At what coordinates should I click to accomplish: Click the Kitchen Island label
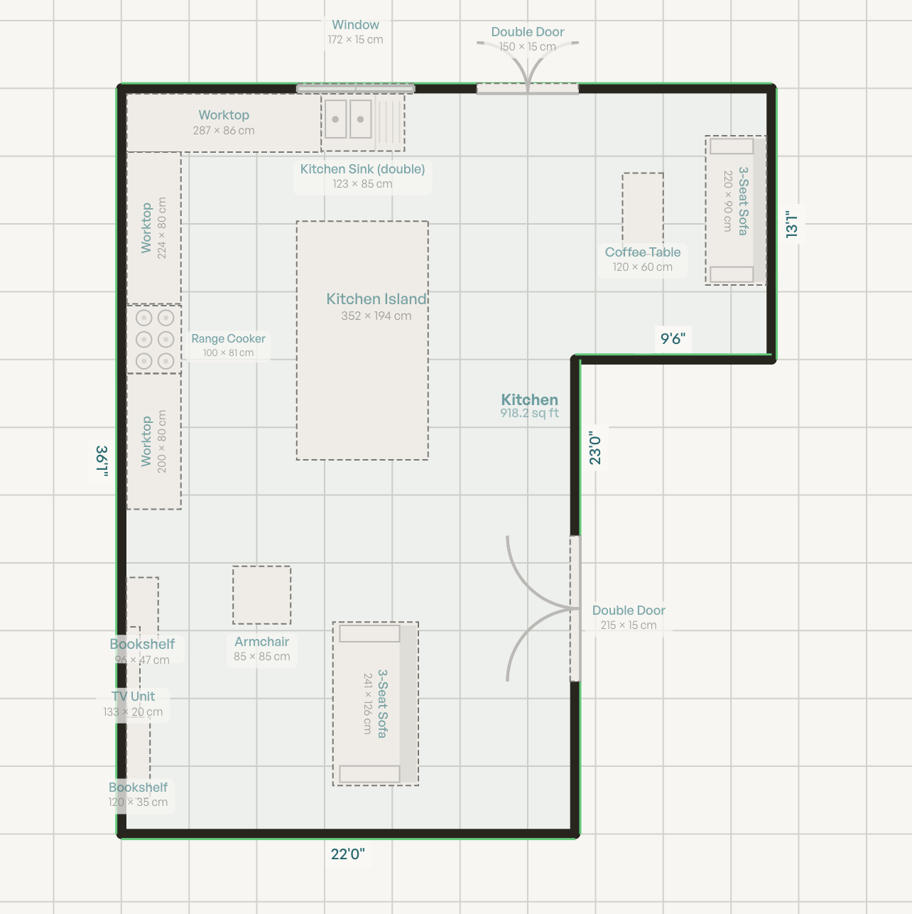(376, 299)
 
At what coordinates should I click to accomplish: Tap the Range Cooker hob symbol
(154, 339)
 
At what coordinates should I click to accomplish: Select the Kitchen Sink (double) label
(362, 169)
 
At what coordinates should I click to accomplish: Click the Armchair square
(261, 595)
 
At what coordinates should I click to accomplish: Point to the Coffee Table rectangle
(643, 210)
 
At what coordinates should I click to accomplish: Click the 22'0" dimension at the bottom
(347, 854)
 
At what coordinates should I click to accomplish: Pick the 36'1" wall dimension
(102, 461)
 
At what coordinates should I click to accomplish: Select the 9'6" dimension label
(673, 339)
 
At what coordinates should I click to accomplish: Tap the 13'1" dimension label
(792, 224)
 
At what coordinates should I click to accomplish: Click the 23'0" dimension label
(595, 449)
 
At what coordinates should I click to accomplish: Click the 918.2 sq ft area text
(529, 413)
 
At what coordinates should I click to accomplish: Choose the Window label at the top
(355, 25)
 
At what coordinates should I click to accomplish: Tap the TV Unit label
(133, 697)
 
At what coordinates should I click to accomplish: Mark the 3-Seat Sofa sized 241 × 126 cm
(375, 704)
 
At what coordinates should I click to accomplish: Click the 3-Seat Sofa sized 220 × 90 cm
(735, 210)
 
